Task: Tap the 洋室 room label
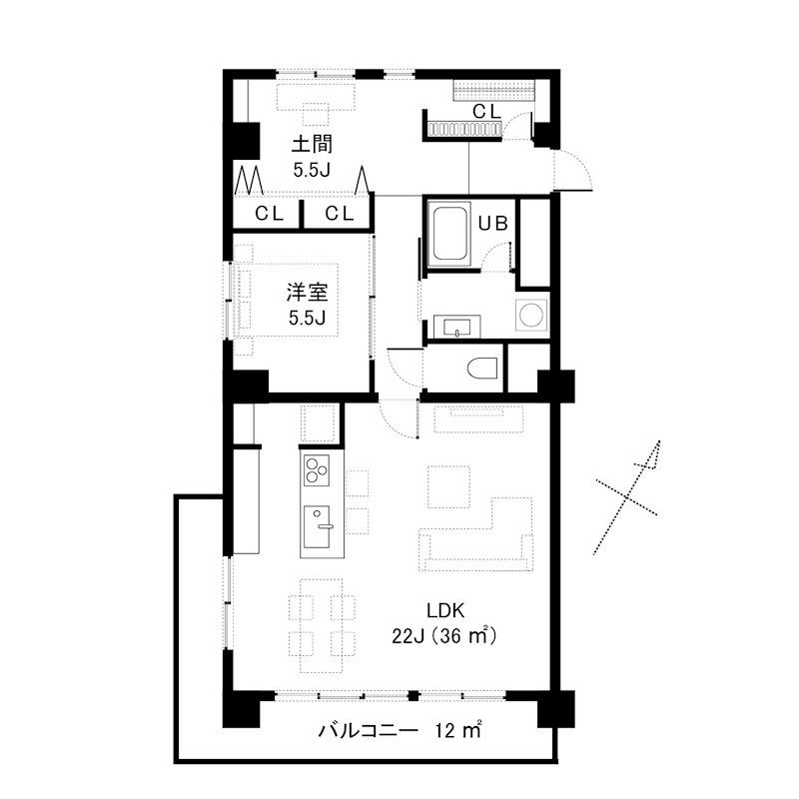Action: pyautogui.click(x=308, y=293)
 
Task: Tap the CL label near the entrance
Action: pyautogui.click(x=486, y=111)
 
